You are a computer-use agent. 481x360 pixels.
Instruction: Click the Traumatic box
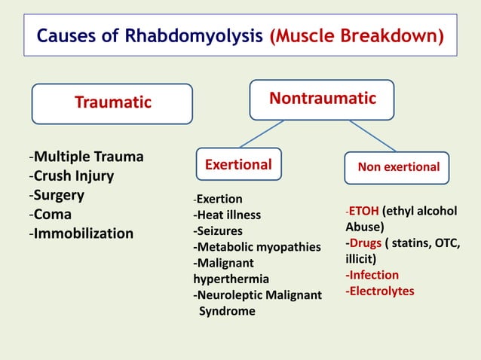pyautogui.click(x=112, y=103)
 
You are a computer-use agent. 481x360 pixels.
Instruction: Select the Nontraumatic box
pyautogui.click(x=322, y=99)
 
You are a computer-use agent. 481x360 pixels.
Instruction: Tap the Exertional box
pyautogui.click(x=238, y=164)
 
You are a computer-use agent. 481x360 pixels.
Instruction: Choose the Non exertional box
pyautogui.click(x=397, y=167)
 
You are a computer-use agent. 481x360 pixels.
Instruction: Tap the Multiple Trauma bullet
pyautogui.click(x=87, y=157)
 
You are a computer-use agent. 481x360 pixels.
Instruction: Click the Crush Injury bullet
pyautogui.click(x=72, y=176)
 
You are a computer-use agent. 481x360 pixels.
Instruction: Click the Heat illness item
pyautogui.click(x=228, y=215)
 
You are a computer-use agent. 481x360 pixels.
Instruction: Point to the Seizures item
pyautogui.click(x=219, y=231)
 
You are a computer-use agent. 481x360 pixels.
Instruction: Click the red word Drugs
pyautogui.click(x=366, y=243)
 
